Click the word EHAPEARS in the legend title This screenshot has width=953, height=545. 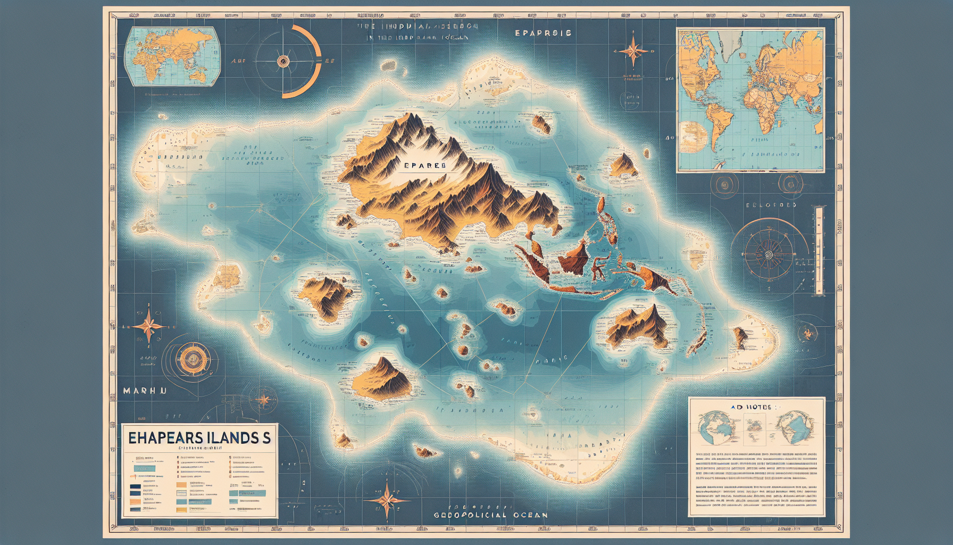point(165,437)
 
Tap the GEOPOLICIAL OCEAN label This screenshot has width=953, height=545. point(490,515)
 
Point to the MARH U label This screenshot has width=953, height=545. point(145,391)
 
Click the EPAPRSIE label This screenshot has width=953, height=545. point(543,33)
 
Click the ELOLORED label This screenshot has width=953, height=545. point(771,205)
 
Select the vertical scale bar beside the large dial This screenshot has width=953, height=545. point(819,250)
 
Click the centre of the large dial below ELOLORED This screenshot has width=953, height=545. point(768,255)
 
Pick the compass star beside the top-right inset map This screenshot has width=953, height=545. point(633,51)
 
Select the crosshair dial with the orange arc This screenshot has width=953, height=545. point(283,62)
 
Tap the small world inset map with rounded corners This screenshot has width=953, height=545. point(171,56)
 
